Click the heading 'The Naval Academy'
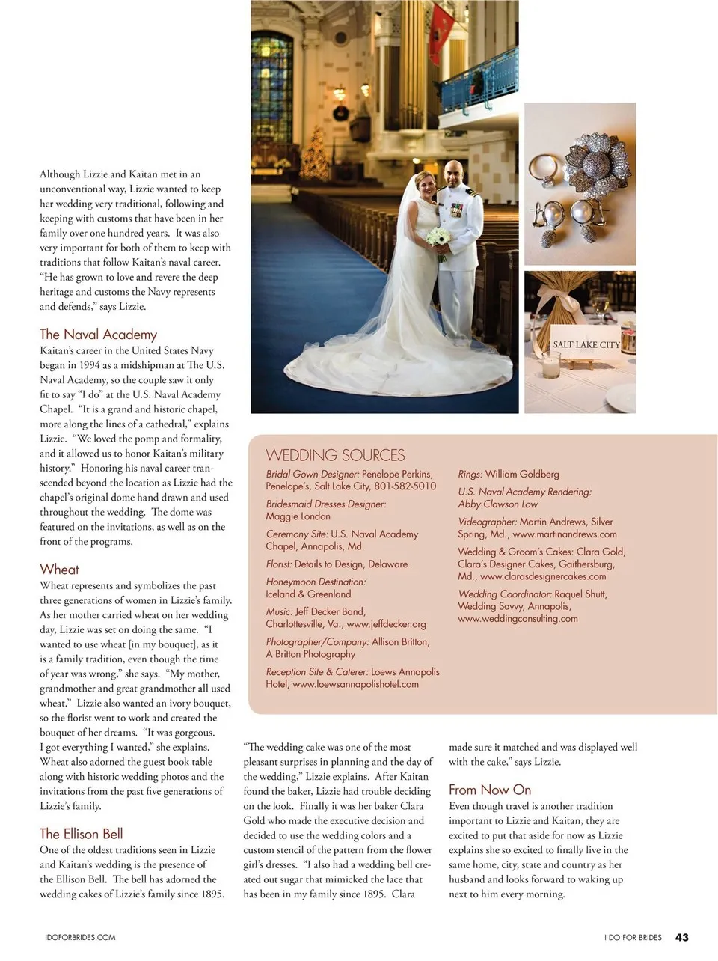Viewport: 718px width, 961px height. coord(98,335)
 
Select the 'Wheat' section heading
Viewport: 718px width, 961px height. coord(59,570)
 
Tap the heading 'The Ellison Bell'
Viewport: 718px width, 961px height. coord(81,834)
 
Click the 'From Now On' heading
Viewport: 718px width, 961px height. coord(490,790)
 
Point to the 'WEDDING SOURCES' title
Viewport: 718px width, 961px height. coord(335,455)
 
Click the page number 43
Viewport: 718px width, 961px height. coord(681,937)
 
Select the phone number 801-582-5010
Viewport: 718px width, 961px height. coord(405,486)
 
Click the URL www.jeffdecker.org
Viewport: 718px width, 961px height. coord(386,624)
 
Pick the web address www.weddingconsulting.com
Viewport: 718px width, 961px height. coord(518,619)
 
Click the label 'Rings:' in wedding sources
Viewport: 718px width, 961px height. coord(470,475)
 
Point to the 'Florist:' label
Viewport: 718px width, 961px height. coord(279,564)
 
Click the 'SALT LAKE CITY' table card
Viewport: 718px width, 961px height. coord(586,345)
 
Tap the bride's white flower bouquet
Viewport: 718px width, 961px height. coord(439,240)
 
